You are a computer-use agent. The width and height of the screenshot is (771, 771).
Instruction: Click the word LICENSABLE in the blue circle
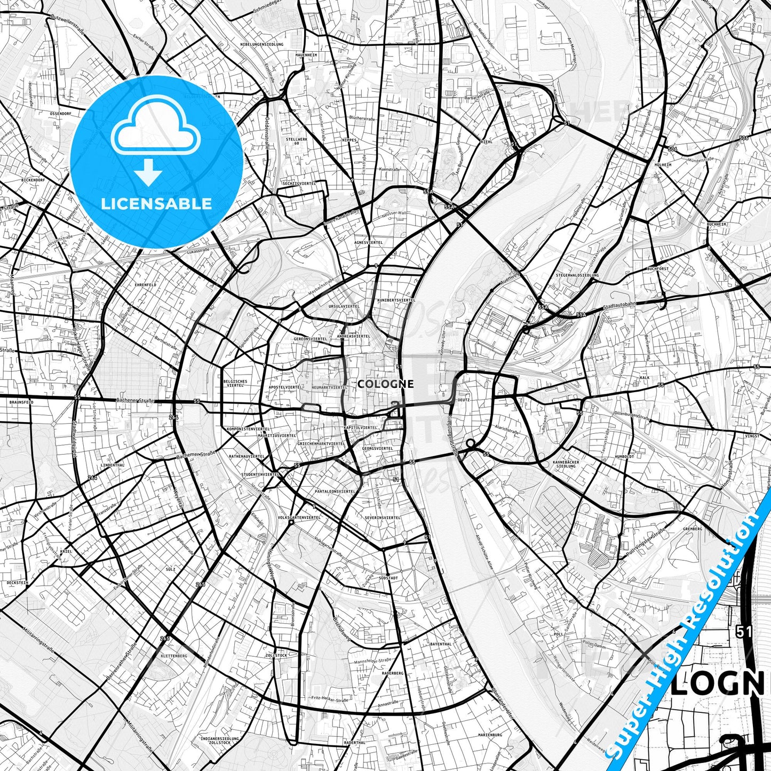point(156,204)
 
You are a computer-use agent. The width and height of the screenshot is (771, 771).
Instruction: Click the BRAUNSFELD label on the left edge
point(21,402)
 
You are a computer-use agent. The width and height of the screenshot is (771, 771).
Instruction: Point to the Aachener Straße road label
point(135,400)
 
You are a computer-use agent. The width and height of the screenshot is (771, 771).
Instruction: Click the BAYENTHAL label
point(441,644)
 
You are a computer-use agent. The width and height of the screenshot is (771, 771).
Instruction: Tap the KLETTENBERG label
point(173,655)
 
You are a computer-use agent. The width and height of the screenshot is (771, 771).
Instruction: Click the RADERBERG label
point(393,673)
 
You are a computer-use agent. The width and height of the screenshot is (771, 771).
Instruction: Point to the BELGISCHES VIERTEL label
point(235,383)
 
